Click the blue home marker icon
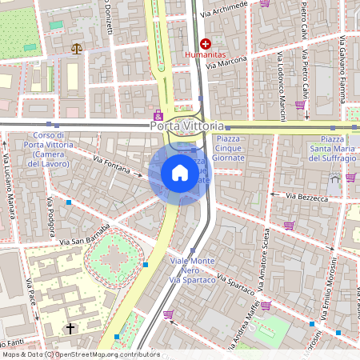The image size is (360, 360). point(180,173)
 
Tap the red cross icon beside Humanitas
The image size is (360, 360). point(206,44)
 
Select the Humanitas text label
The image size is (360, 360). point(206,56)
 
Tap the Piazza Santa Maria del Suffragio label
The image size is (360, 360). point(333,148)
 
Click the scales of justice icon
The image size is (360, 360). point(77,49)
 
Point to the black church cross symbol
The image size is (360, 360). point(70,328)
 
